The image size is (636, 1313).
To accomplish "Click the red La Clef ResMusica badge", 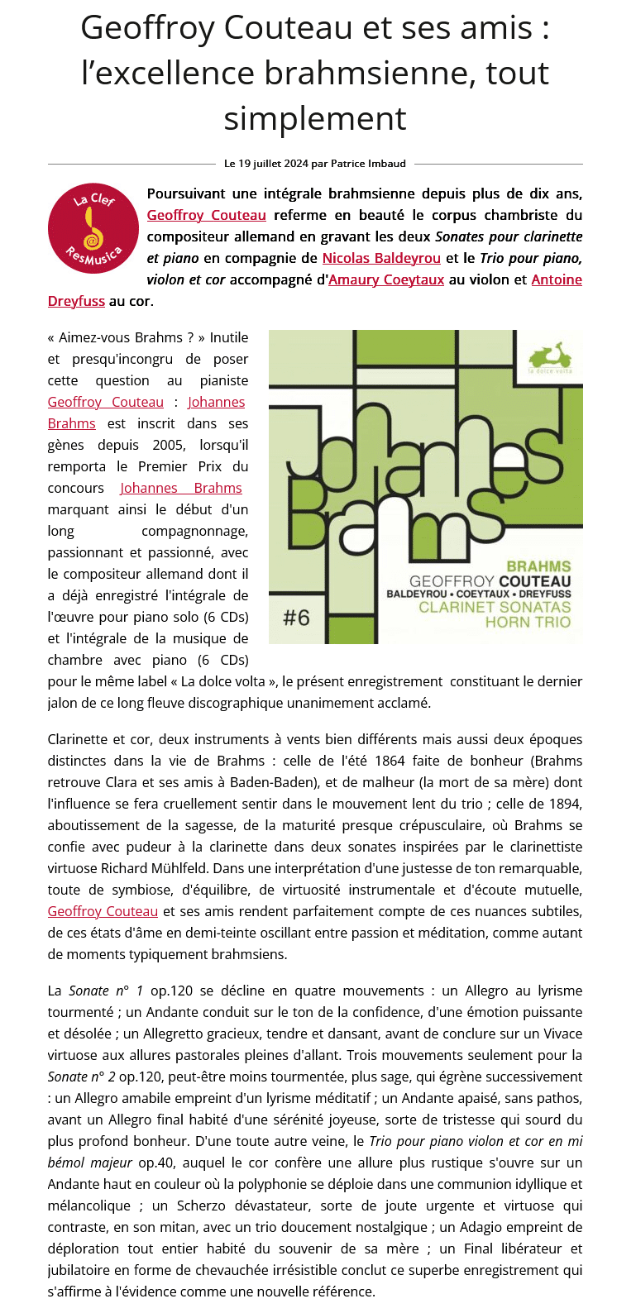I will (x=93, y=228).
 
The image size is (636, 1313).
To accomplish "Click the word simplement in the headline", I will (x=315, y=118).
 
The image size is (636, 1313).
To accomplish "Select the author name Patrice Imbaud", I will (x=368, y=164).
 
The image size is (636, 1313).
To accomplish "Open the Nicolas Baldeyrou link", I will (x=381, y=258).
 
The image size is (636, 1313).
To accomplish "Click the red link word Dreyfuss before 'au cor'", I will (x=76, y=301).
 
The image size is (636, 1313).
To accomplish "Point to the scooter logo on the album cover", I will (x=550, y=356).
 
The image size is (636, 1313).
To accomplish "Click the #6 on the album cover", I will (x=296, y=618).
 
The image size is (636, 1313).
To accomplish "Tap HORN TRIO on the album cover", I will (x=528, y=622).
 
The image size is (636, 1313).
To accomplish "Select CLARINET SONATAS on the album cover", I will (x=495, y=608).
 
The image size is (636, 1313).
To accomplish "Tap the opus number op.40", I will (x=156, y=1163).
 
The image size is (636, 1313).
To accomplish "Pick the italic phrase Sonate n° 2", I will (x=81, y=1077).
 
